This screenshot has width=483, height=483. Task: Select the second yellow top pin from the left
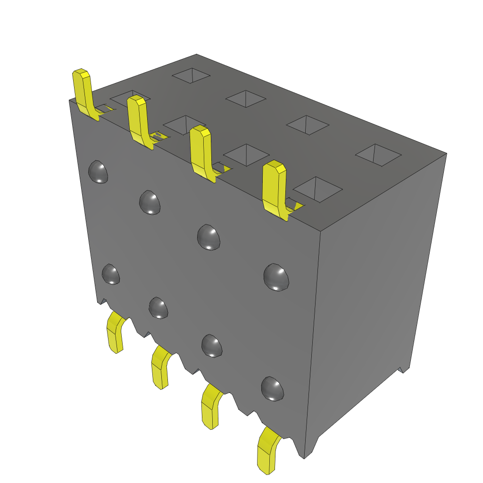139,120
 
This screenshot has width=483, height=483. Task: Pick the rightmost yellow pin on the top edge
275,189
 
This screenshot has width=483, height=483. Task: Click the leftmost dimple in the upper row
99,172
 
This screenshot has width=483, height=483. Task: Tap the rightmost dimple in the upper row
276,277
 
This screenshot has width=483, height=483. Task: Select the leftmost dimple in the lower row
111,274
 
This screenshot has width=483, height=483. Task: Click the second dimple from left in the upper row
150,202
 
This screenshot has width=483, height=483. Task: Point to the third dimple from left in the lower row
212,345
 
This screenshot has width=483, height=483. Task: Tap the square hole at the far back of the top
191,75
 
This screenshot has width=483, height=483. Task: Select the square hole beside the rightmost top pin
320,189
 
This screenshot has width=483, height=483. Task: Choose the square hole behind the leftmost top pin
130,97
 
